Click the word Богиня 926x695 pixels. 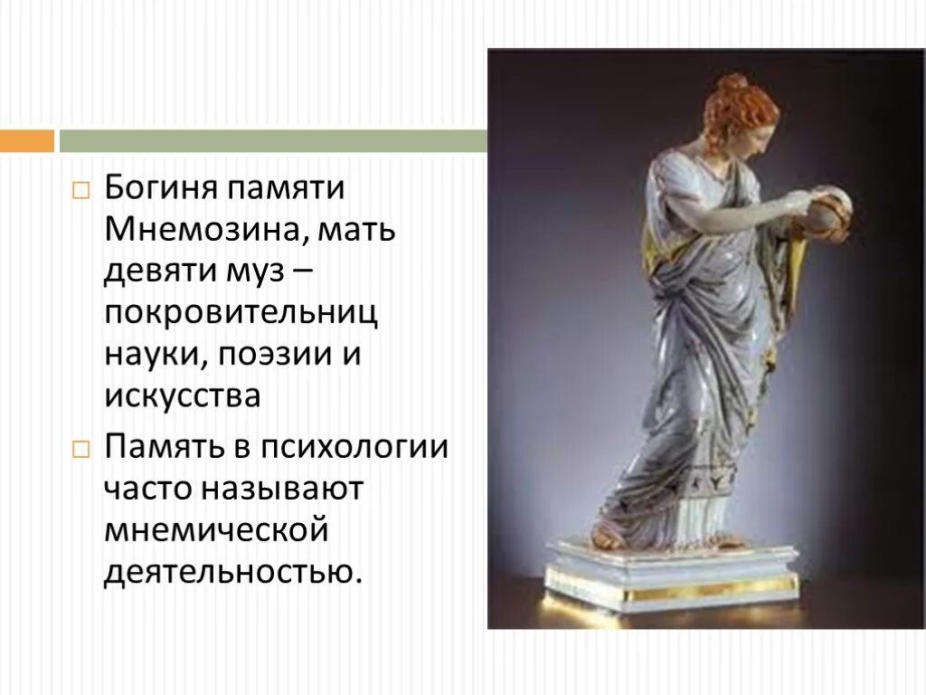[x=158, y=190]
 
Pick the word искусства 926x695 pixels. [x=182, y=395]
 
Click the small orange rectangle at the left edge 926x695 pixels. [x=26, y=141]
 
